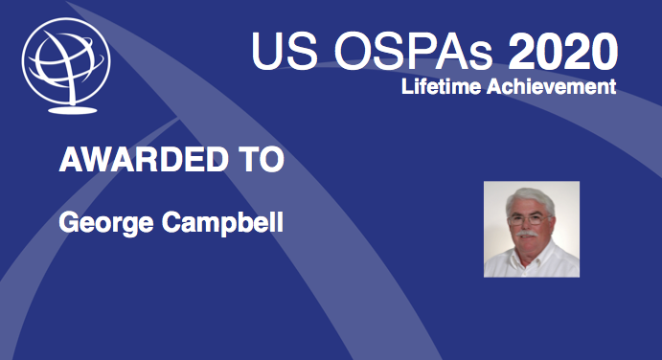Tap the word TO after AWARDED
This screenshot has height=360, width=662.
tap(258, 160)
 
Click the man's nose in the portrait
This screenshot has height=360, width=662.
tap(530, 223)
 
